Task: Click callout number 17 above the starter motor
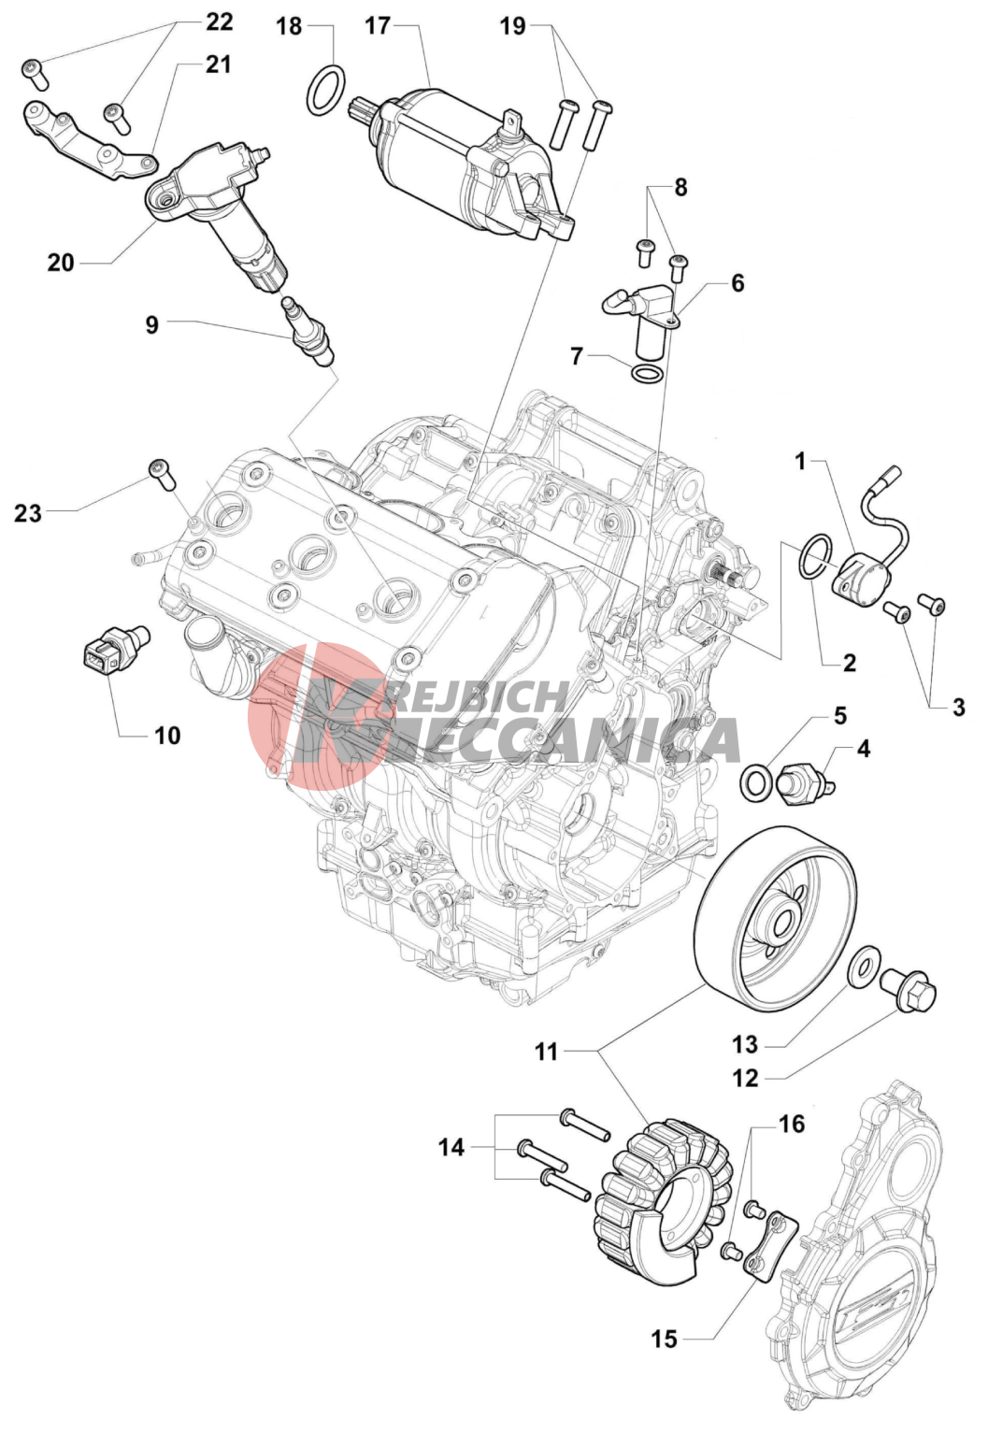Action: tap(378, 27)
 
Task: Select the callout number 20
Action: tap(61, 263)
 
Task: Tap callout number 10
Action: tap(167, 737)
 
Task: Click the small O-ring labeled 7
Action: tap(647, 374)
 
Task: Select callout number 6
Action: tap(737, 282)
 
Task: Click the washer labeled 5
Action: tap(755, 783)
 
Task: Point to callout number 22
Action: tap(219, 22)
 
